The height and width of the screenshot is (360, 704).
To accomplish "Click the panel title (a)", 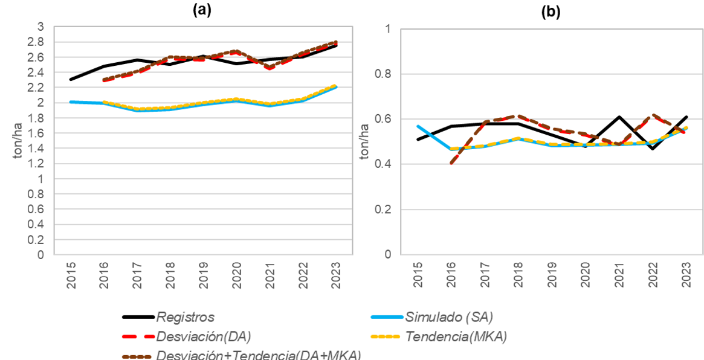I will click(202, 10).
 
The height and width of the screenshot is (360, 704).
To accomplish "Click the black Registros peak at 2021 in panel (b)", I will click(618, 117).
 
